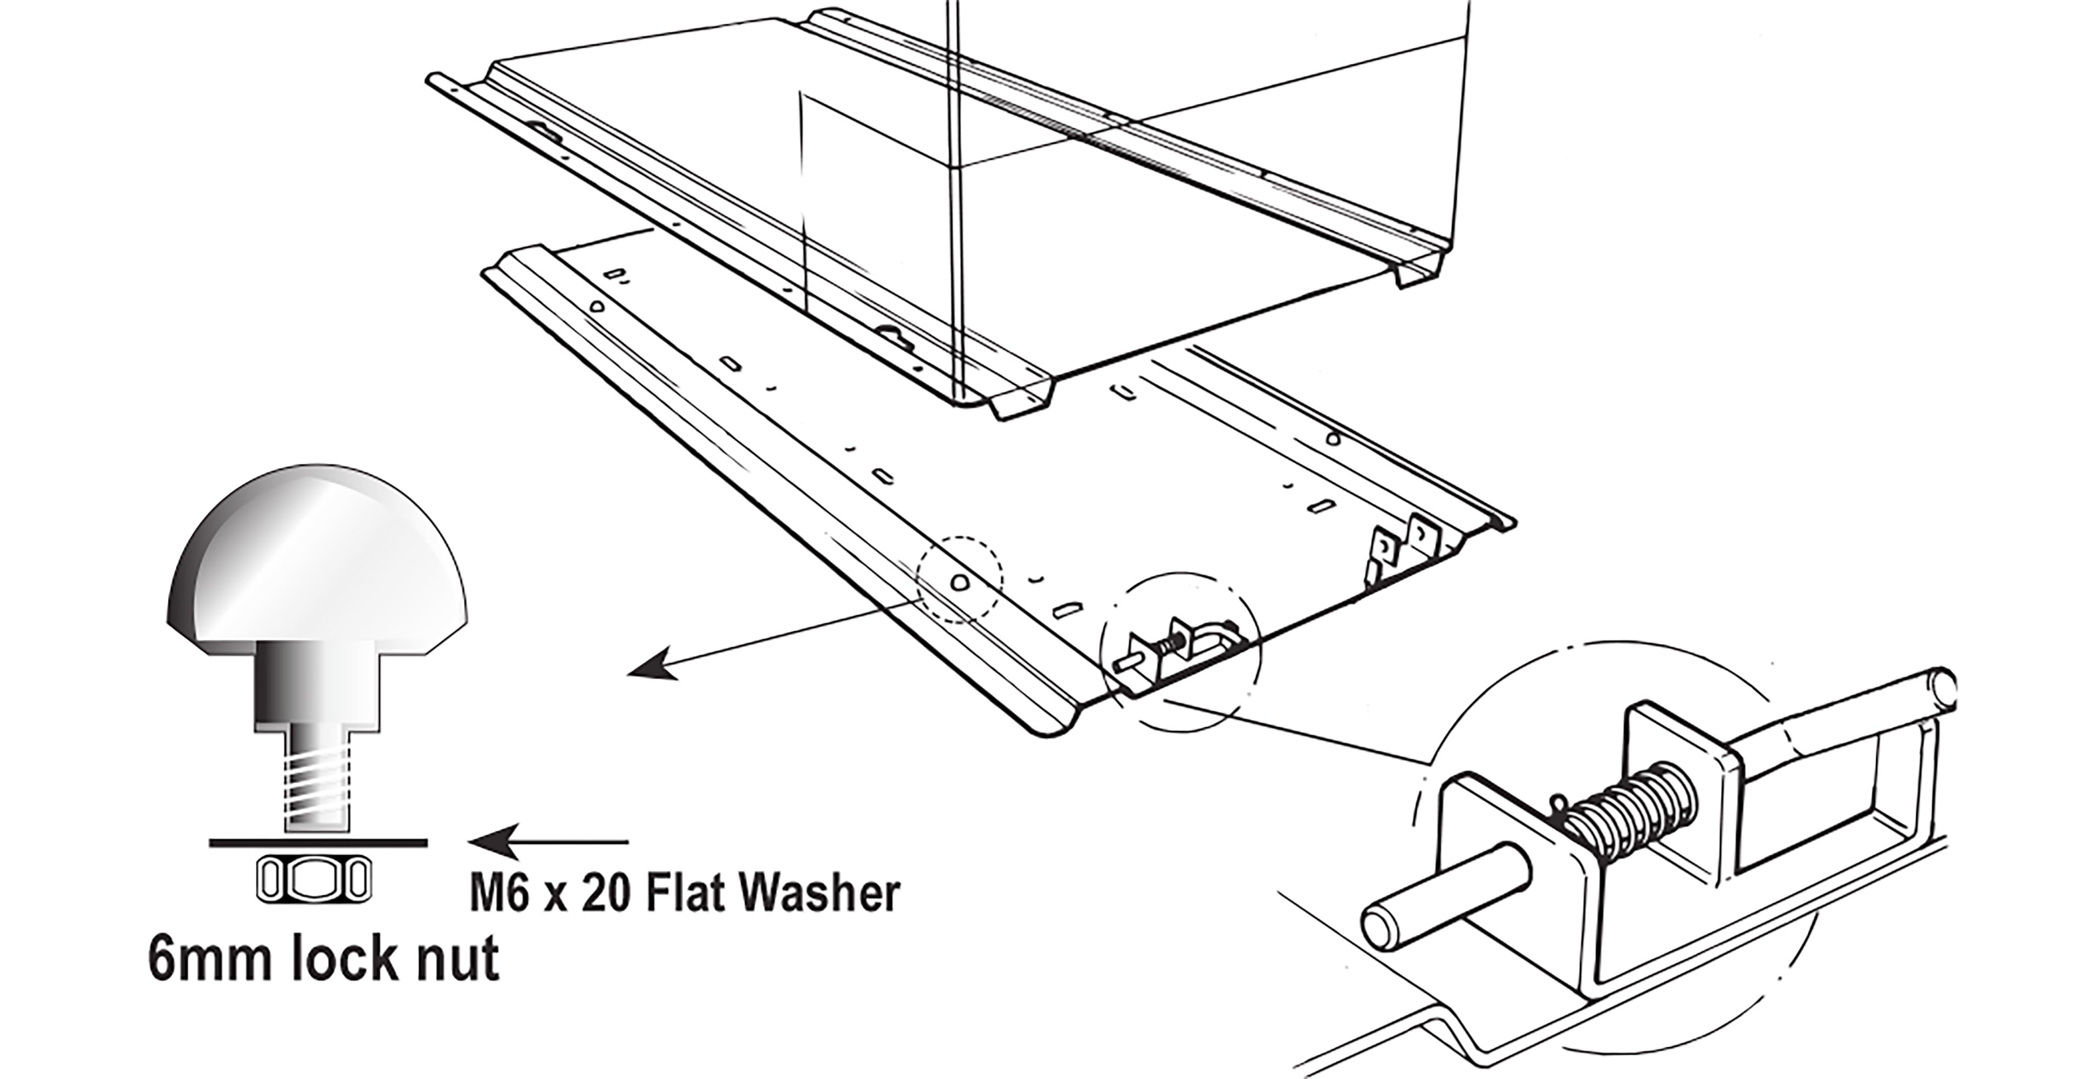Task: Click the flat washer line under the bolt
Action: pyautogui.click(x=316, y=842)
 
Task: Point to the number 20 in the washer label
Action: pyautogui.click(x=609, y=894)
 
